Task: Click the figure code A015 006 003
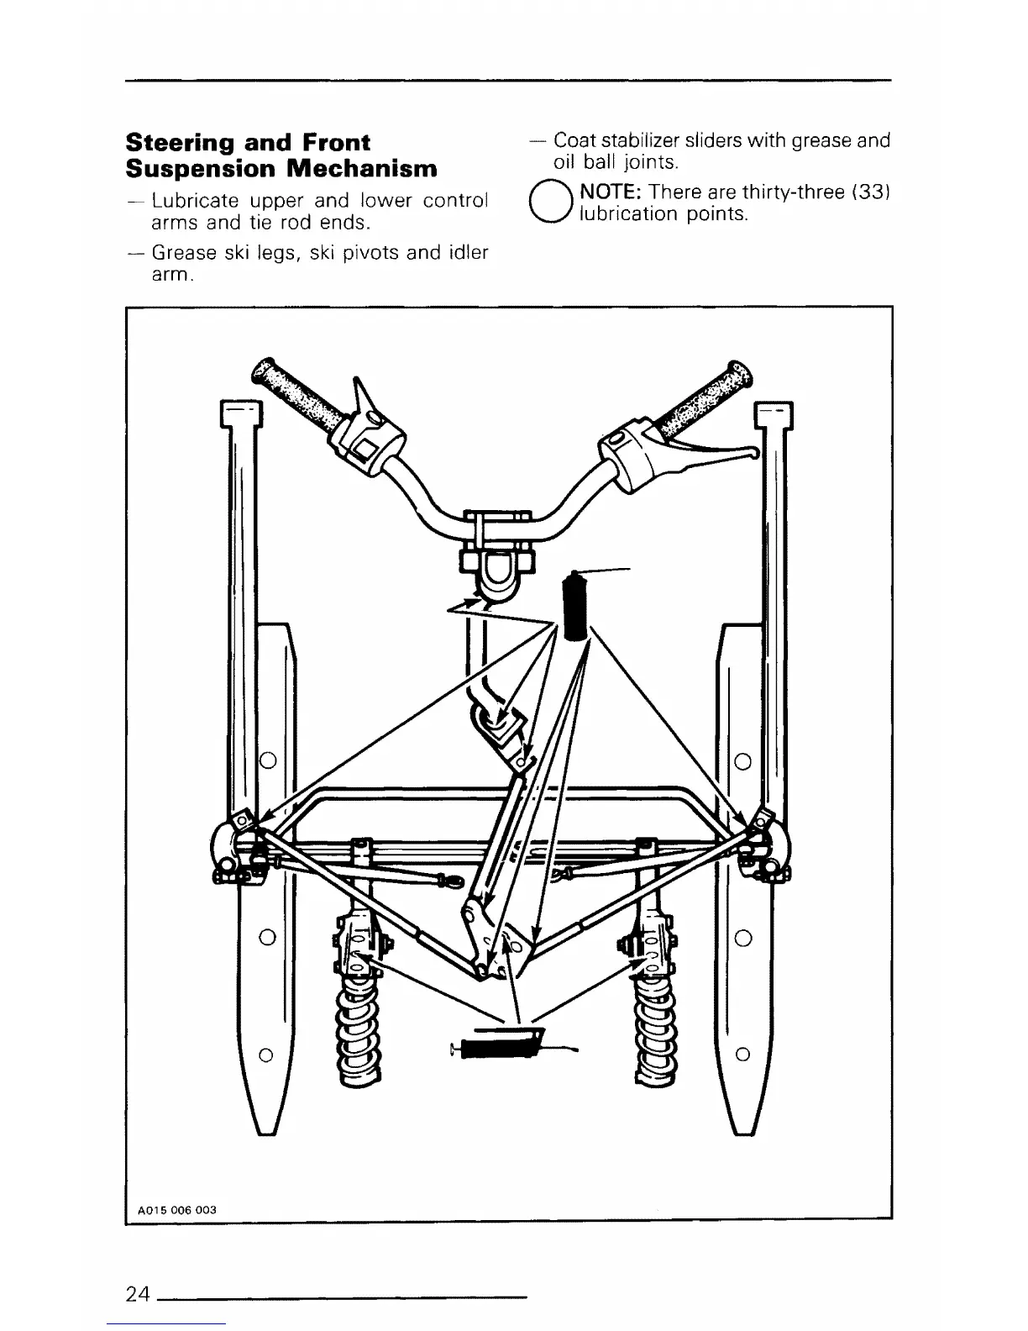coord(176,1210)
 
